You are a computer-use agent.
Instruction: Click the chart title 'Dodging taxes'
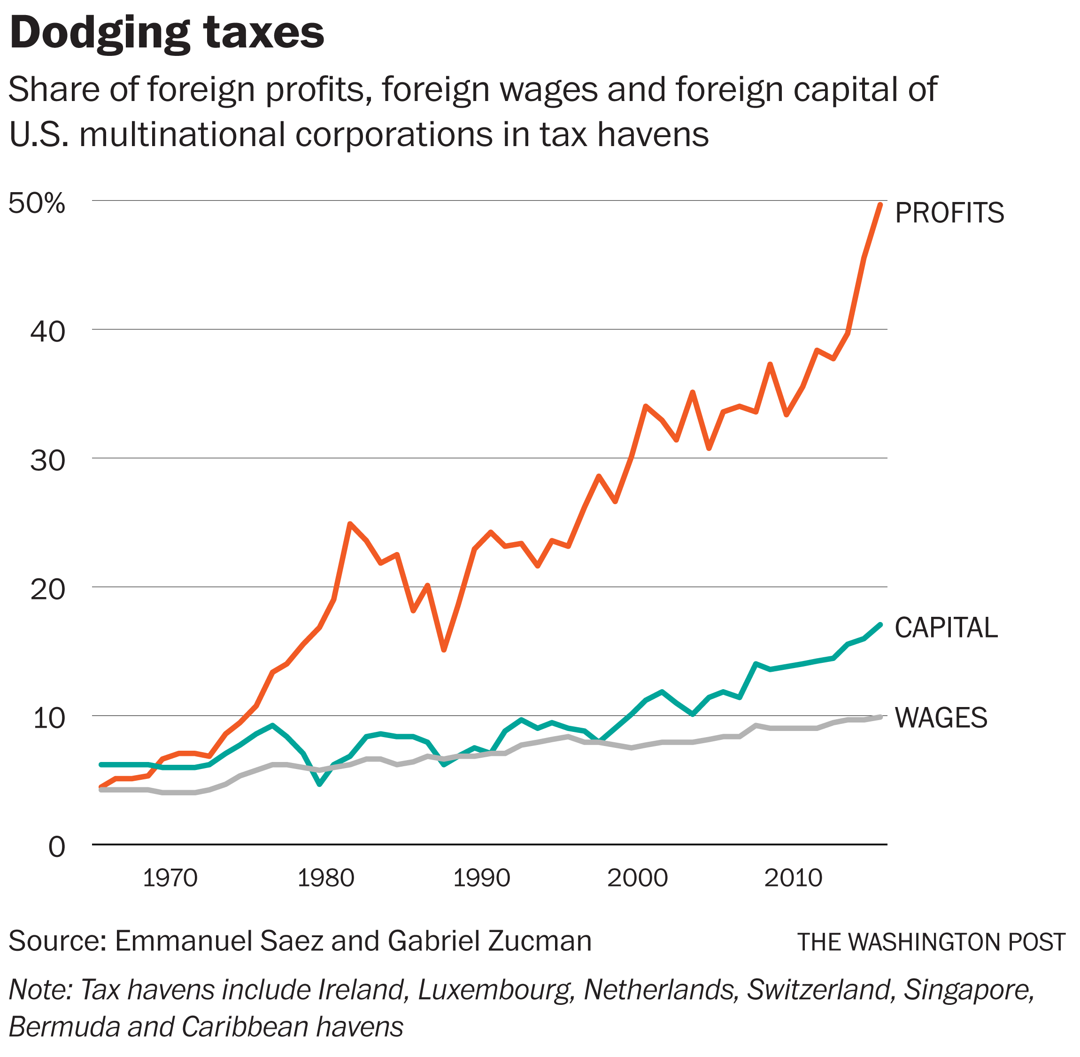[167, 33]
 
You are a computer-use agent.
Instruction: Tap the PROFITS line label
[949, 213]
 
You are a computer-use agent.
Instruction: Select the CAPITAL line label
[946, 628]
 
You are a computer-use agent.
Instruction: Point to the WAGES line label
[941, 718]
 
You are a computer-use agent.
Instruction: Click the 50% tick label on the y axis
[37, 204]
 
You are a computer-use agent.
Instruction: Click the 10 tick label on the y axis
[49, 718]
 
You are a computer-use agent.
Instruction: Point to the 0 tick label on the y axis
[57, 847]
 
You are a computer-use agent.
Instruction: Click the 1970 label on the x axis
[170, 878]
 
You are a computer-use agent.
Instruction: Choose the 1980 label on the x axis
[326, 878]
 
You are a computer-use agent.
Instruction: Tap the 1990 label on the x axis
[481, 878]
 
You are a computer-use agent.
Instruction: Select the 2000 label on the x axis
[637, 878]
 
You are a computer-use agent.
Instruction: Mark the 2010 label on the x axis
[793, 878]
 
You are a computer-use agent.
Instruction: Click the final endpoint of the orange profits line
[879, 205]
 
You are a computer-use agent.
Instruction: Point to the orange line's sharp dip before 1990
[443, 649]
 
